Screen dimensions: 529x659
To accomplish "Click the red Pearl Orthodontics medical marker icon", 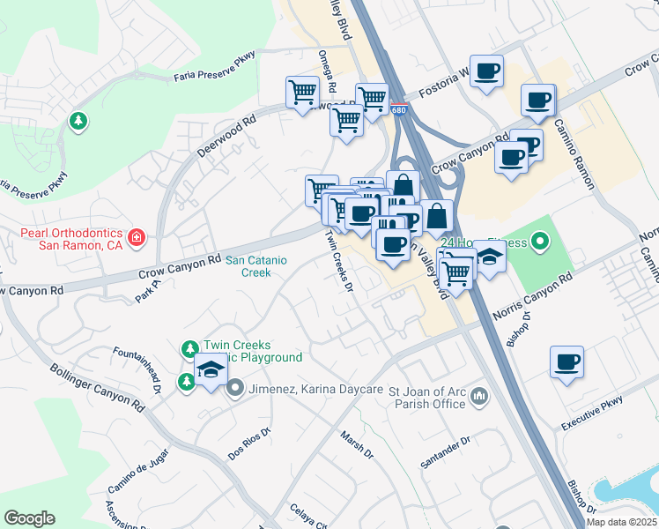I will tap(137, 237).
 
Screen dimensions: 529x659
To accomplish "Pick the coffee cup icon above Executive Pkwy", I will tap(566, 361).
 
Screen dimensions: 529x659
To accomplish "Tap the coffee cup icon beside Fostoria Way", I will tap(485, 71).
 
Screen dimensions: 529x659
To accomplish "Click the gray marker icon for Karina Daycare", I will tap(235, 387).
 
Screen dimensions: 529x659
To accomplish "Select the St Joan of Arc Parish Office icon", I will tap(479, 396).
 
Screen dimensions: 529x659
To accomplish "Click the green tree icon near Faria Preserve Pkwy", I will tap(78, 121).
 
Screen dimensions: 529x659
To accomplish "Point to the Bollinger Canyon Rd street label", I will tap(96, 389).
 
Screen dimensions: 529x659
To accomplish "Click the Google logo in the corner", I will tap(29, 518).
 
